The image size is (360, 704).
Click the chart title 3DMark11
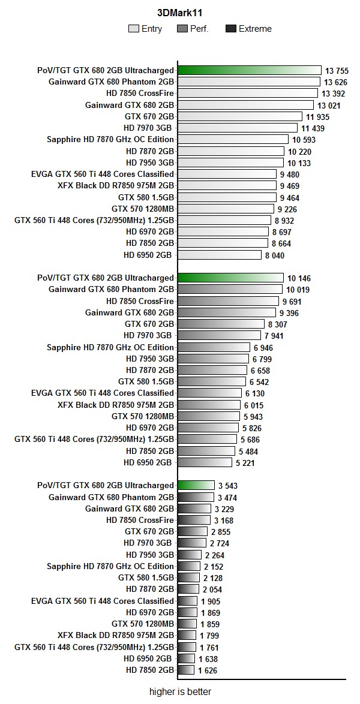pyautogui.click(x=179, y=12)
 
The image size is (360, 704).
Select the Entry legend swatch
pyautogui.click(x=133, y=29)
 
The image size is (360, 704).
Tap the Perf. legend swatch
pyautogui.click(x=183, y=29)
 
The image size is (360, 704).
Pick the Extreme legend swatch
pyautogui.click(x=230, y=29)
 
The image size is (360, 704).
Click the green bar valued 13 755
pyautogui.click(x=250, y=71)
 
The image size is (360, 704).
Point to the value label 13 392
pyautogui.click(x=334, y=94)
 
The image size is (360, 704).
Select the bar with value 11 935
pyautogui.click(x=240, y=116)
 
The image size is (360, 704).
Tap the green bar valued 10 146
pyautogui.click(x=230, y=278)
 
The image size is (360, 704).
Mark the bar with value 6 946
pyautogui.click(x=214, y=347)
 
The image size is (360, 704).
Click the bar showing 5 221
pyautogui.click(x=205, y=462)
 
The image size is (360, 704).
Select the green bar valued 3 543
pyautogui.click(x=196, y=485)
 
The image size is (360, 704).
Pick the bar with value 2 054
pyautogui.click(x=188, y=589)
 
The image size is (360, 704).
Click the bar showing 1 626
pyautogui.click(x=187, y=670)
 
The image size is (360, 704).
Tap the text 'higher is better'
pyautogui.click(x=180, y=692)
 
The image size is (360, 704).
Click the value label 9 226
pyautogui.click(x=287, y=209)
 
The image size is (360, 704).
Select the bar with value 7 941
pyautogui.click(x=220, y=336)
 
